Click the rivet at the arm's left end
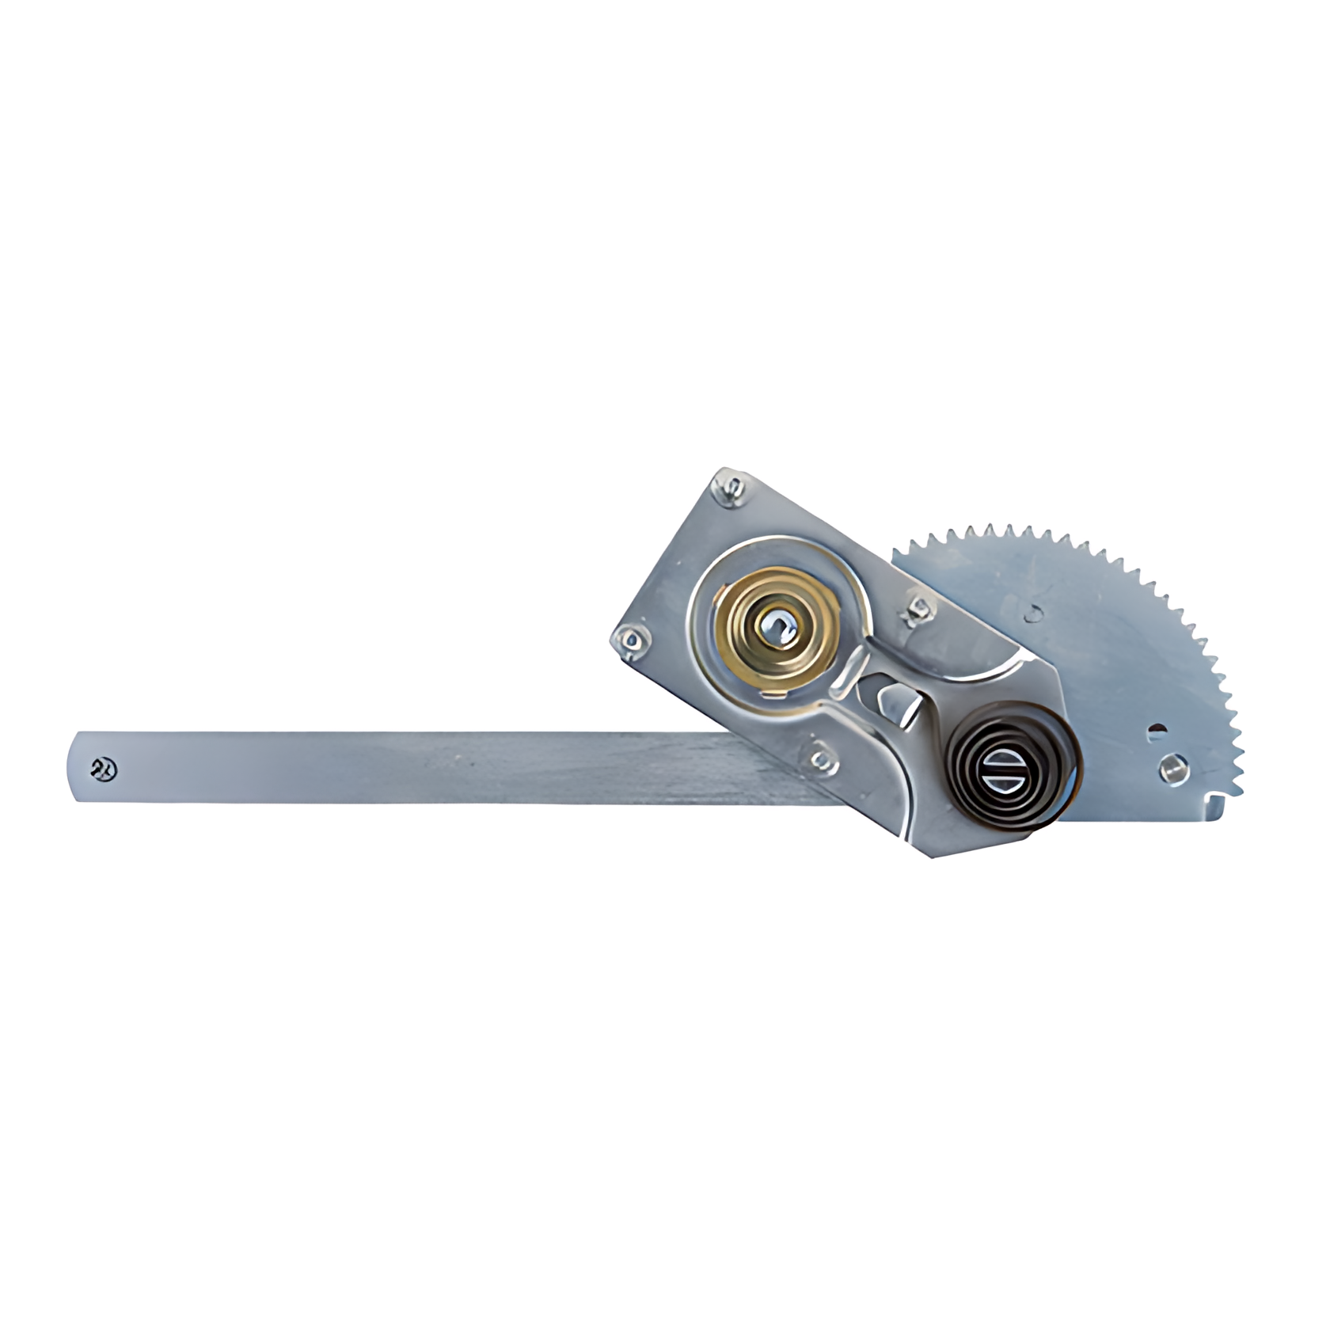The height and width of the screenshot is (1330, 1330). pos(104,768)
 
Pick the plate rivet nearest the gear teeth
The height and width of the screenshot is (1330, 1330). pos(919,608)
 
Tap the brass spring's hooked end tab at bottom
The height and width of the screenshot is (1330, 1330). pos(775,694)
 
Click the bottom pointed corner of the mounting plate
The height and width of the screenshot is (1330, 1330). pos(934,856)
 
